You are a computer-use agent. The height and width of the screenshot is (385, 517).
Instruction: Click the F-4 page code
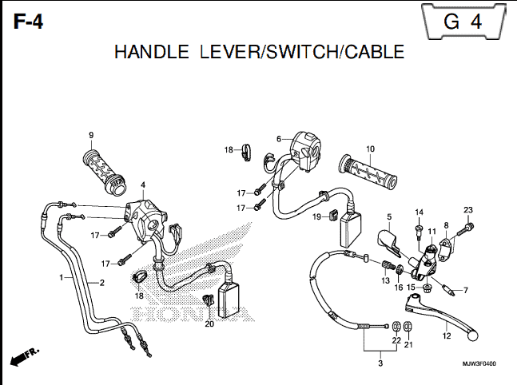(x=28, y=22)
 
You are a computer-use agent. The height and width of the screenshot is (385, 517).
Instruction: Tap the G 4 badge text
(x=463, y=22)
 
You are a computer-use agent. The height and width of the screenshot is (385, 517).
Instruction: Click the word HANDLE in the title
(x=151, y=52)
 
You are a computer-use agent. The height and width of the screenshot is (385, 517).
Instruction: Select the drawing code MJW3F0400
(x=479, y=364)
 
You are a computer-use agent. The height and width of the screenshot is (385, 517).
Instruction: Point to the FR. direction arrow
(x=25, y=356)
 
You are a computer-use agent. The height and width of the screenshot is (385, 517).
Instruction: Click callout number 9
(x=91, y=135)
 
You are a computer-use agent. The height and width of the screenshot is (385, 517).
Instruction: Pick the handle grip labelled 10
(x=368, y=172)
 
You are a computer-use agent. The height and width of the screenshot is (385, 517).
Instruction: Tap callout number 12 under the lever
(x=447, y=336)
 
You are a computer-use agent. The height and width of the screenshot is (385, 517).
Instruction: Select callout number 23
(x=468, y=209)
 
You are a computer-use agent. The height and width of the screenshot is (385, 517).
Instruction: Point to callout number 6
(x=279, y=139)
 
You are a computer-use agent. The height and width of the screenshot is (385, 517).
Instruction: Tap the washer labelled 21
(x=408, y=327)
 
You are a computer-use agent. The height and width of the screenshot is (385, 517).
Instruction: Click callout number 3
(x=380, y=363)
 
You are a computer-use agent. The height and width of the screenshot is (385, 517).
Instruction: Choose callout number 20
(x=209, y=324)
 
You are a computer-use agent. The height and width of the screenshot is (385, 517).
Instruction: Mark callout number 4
(x=143, y=185)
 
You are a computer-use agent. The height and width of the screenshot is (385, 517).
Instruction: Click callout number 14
(x=419, y=212)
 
